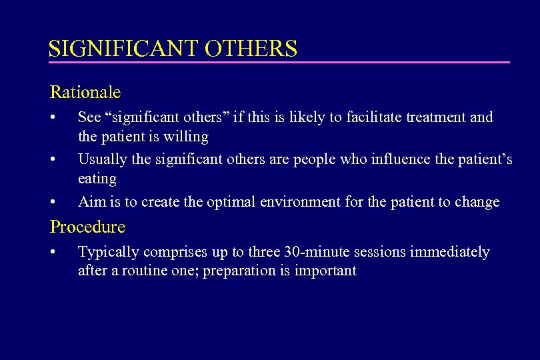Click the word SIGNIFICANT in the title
click(124, 49)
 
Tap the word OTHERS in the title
click(251, 49)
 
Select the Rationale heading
click(85, 91)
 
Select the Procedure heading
click(87, 227)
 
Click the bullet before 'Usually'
click(53, 160)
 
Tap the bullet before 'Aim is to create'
click(53, 202)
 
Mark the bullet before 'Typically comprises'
click(53, 253)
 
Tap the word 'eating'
click(97, 179)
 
